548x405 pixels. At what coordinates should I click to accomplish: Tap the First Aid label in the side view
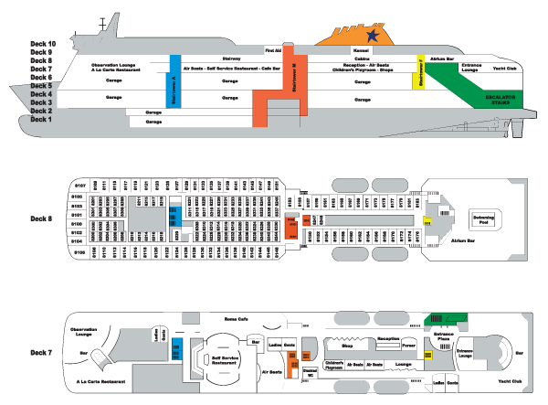(x=273, y=50)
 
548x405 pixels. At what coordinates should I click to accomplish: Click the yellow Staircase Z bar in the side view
(x=421, y=72)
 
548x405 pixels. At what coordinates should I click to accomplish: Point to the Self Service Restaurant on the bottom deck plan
(x=224, y=360)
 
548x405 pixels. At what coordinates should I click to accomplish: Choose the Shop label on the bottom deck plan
(x=347, y=346)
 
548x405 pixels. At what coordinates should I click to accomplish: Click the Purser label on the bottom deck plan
(x=408, y=346)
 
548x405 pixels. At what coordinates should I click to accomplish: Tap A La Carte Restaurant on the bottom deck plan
(x=99, y=379)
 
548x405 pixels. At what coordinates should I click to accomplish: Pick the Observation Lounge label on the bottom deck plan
(x=84, y=331)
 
